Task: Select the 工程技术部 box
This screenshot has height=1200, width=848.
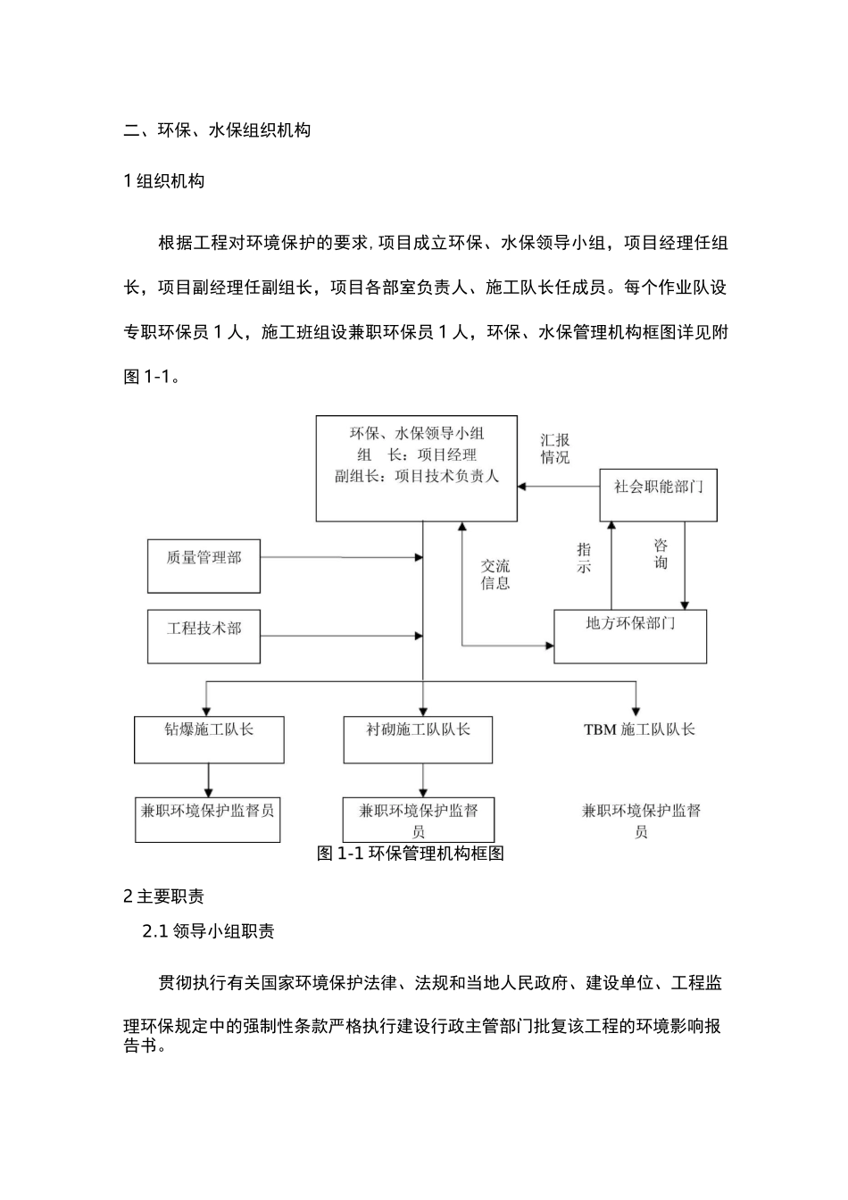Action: [204, 637]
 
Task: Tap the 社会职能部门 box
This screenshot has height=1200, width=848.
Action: [659, 495]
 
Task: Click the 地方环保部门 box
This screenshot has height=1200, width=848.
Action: [630, 636]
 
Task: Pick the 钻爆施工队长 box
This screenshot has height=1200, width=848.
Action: [209, 739]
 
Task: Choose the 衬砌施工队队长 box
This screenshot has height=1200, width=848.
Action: [418, 739]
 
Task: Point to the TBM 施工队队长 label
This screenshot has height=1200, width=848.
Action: [639, 729]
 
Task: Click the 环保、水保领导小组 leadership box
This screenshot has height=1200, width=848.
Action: [417, 468]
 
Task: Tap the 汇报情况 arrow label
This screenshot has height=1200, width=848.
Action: [554, 448]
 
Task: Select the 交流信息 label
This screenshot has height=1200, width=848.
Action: [495, 574]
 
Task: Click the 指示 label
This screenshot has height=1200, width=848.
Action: [584, 557]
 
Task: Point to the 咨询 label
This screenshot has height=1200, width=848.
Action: [661, 554]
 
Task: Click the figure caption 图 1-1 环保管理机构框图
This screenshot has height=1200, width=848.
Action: [411, 854]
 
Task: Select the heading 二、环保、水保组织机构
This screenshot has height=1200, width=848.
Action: [217, 130]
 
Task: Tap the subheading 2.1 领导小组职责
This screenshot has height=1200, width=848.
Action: [209, 931]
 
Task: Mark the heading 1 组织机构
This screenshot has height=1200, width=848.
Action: [164, 181]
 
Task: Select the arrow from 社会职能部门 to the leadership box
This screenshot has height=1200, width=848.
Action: [559, 487]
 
